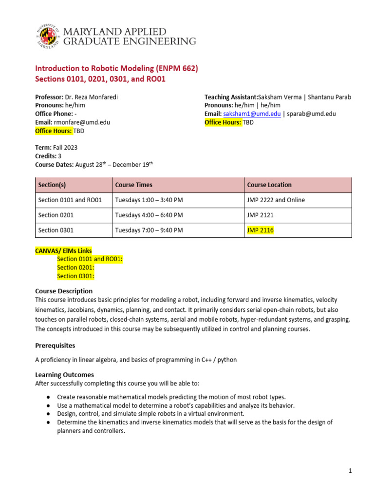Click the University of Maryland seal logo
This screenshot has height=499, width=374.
47,37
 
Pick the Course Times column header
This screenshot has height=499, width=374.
134,185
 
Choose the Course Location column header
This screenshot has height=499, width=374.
269,185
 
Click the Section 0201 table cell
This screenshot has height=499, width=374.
55,215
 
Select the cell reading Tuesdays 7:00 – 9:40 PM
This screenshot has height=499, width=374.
149,230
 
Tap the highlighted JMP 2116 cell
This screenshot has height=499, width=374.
261,230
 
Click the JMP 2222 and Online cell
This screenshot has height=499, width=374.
276,200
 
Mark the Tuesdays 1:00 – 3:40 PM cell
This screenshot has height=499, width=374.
149,200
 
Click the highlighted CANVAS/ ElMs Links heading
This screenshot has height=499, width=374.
63,250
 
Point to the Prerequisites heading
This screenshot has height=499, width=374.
55,345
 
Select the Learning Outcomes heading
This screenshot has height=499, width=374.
65,375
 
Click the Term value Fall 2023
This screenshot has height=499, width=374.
65,147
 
